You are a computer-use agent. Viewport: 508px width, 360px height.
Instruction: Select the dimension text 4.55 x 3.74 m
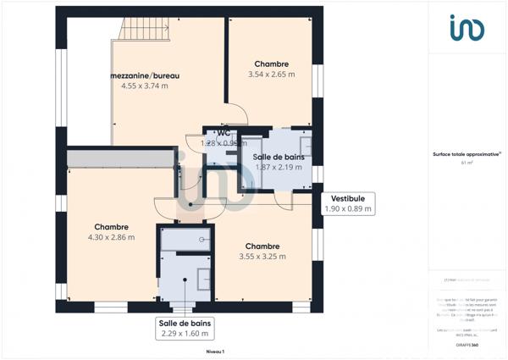click(x=145, y=86)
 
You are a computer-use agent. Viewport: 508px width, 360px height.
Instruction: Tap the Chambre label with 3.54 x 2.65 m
click(x=271, y=64)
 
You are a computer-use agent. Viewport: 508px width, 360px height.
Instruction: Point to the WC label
click(x=224, y=133)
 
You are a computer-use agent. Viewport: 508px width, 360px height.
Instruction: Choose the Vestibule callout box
click(x=348, y=203)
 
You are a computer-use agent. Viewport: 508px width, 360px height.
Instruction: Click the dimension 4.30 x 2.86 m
click(x=111, y=237)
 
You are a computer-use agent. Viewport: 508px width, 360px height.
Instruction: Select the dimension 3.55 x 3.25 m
click(x=262, y=257)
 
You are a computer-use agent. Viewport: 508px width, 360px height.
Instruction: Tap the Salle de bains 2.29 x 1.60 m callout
click(x=184, y=328)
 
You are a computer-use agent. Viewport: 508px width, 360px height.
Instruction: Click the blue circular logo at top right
click(x=467, y=28)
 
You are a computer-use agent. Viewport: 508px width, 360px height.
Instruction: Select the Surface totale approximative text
click(x=467, y=154)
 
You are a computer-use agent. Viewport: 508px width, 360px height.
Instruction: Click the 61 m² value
click(x=467, y=163)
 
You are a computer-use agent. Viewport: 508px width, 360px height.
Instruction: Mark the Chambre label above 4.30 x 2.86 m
click(x=111, y=226)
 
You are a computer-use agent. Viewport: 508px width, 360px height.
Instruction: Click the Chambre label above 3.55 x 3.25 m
click(x=262, y=246)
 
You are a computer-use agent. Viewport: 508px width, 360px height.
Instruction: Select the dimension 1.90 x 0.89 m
click(x=348, y=208)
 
